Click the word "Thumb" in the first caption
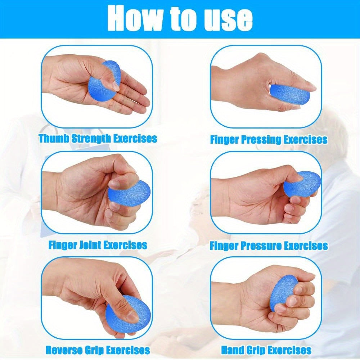tap(54, 139)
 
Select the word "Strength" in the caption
tap(91, 139)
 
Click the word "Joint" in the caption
tap(88, 245)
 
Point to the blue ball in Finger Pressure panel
tap(302, 184)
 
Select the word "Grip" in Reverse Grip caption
tap(93, 351)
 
